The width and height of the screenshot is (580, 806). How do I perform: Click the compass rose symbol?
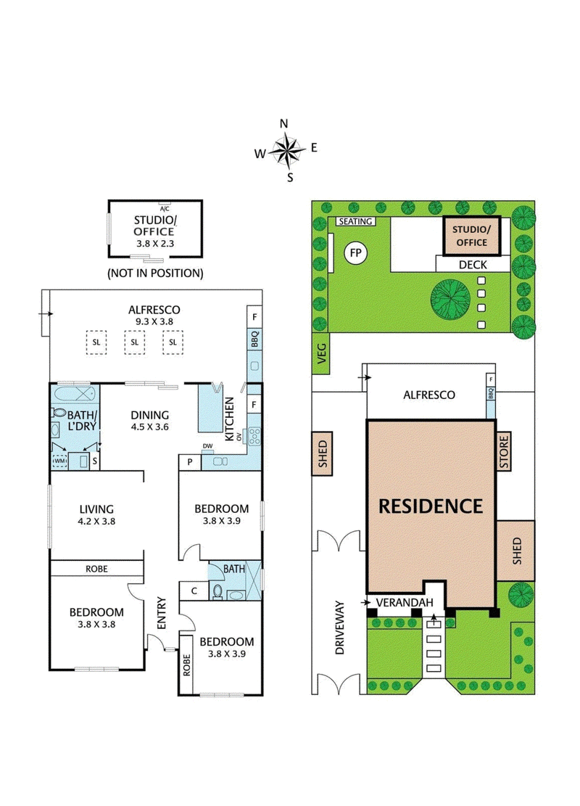pos(289,149)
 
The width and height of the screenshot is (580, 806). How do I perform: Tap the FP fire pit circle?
pos(355,253)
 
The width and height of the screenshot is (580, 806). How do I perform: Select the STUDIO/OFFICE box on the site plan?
pos(471,236)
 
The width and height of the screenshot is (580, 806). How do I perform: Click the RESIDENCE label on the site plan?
pos(431,506)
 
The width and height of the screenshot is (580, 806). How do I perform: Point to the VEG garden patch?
pos(321,354)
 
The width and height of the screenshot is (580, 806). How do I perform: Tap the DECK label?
pos(472,264)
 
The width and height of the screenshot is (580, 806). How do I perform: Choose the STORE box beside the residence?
pos(504,451)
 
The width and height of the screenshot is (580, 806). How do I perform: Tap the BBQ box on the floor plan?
pos(254,340)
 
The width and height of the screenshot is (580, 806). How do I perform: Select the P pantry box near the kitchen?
pos(190,461)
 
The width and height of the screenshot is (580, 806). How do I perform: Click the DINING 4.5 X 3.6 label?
pos(149,421)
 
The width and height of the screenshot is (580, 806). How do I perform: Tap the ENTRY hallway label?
pos(161,614)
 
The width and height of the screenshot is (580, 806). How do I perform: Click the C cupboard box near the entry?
pos(194,591)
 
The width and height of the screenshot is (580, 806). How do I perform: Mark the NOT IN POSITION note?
pos(154,274)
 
